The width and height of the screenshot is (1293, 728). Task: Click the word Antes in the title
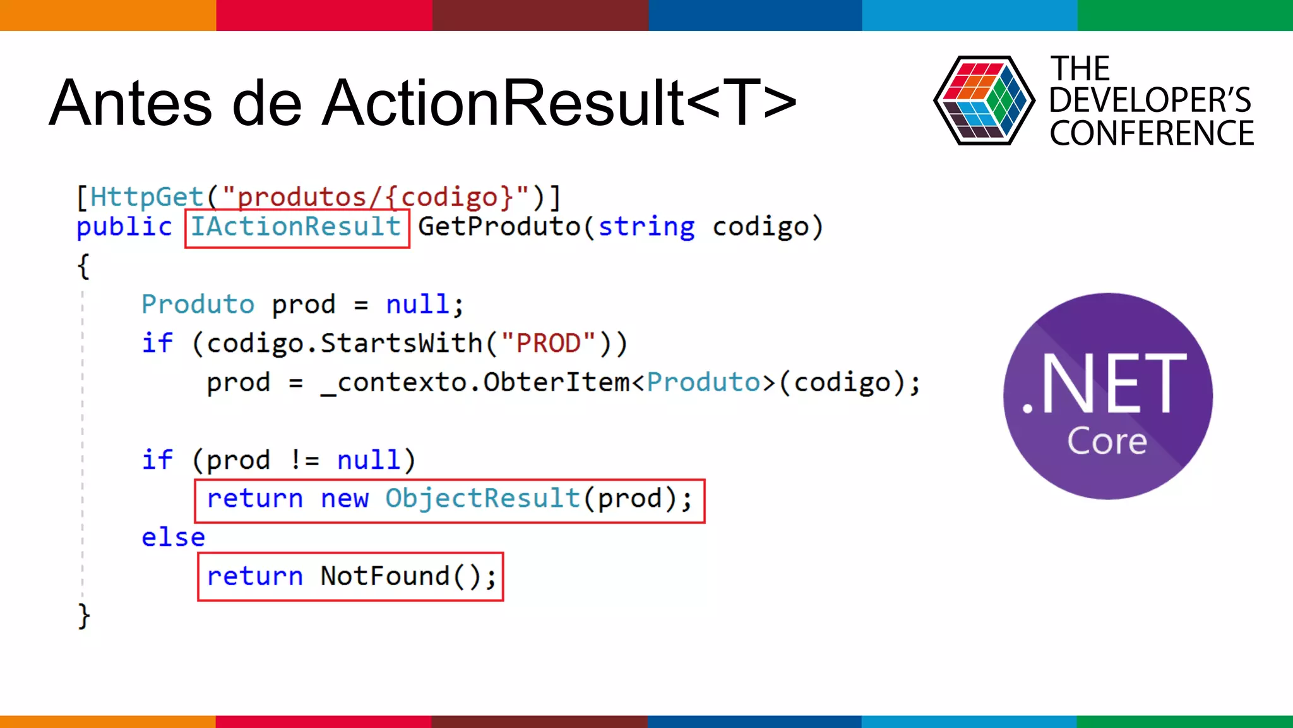[130, 103]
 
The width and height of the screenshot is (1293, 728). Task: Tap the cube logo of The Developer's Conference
[984, 100]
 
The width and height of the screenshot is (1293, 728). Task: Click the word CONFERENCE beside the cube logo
[1152, 133]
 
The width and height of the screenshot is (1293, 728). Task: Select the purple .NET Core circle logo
[1107, 396]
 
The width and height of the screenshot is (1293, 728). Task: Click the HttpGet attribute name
[146, 197]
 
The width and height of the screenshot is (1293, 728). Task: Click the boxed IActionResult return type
[297, 227]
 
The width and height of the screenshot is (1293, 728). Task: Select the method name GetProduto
[499, 227]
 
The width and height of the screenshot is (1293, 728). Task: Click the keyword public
[124, 227]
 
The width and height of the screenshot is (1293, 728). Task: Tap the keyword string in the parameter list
[646, 227]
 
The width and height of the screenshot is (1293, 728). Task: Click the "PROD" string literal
[548, 343]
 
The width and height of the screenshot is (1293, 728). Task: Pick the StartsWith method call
[402, 343]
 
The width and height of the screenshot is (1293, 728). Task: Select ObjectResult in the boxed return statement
[482, 499]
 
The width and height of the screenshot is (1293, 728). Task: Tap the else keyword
[173, 538]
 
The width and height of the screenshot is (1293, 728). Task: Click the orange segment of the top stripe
[107, 15]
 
